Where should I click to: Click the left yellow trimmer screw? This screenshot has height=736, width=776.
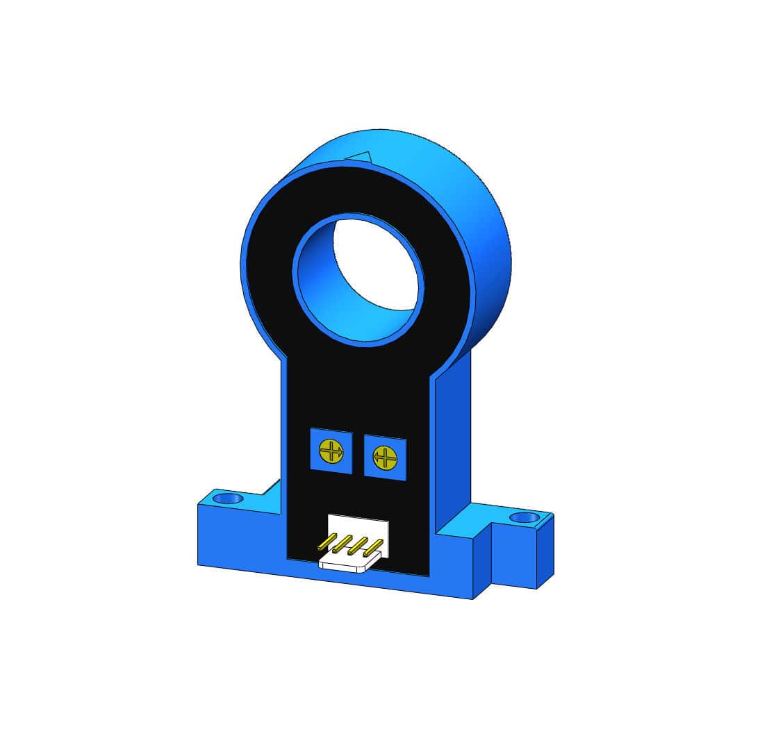[331, 451]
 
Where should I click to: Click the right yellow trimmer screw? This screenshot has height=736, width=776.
[385, 458]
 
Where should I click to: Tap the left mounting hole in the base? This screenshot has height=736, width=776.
[228, 499]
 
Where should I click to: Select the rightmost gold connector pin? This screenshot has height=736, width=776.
[373, 548]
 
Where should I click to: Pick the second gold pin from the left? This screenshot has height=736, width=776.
[342, 542]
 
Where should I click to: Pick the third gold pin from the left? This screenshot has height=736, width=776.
[357, 545]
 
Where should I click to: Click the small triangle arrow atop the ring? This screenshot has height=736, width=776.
[361, 157]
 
